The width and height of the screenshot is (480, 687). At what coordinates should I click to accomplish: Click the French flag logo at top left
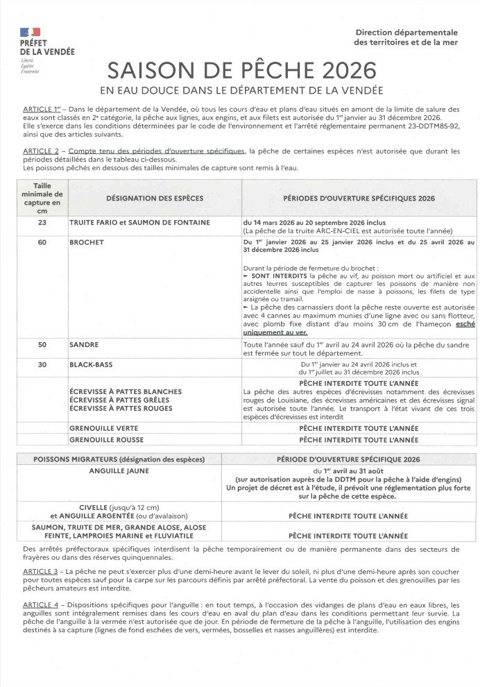coord(31,32)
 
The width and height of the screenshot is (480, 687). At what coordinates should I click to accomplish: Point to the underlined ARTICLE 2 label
coord(42,151)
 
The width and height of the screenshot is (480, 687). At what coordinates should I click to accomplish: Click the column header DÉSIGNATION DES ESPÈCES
coord(155,198)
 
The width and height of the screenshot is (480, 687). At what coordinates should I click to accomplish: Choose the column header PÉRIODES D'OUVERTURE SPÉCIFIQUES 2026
coord(359,198)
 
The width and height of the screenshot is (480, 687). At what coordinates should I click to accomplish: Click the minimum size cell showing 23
coord(42,222)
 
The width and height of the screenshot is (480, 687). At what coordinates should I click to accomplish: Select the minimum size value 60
coord(42,243)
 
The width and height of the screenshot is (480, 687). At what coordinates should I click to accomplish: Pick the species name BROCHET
coord(86,243)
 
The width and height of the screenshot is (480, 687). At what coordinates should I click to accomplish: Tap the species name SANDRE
coord(84,344)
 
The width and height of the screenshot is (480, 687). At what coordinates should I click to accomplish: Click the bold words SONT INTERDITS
coord(275,276)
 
